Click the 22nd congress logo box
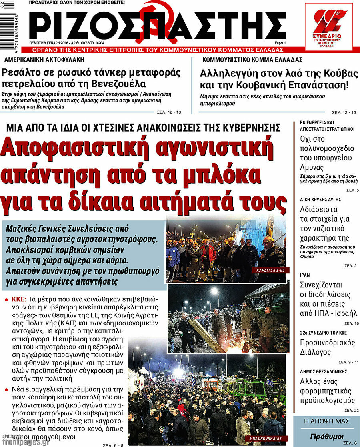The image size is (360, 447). (328, 26)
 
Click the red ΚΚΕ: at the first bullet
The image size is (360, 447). (19, 299)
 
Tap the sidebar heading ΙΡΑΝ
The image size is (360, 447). (305, 275)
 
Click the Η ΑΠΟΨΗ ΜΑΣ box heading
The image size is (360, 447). (326, 421)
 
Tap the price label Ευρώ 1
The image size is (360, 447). (280, 43)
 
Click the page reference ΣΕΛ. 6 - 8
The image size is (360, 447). (113, 445)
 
